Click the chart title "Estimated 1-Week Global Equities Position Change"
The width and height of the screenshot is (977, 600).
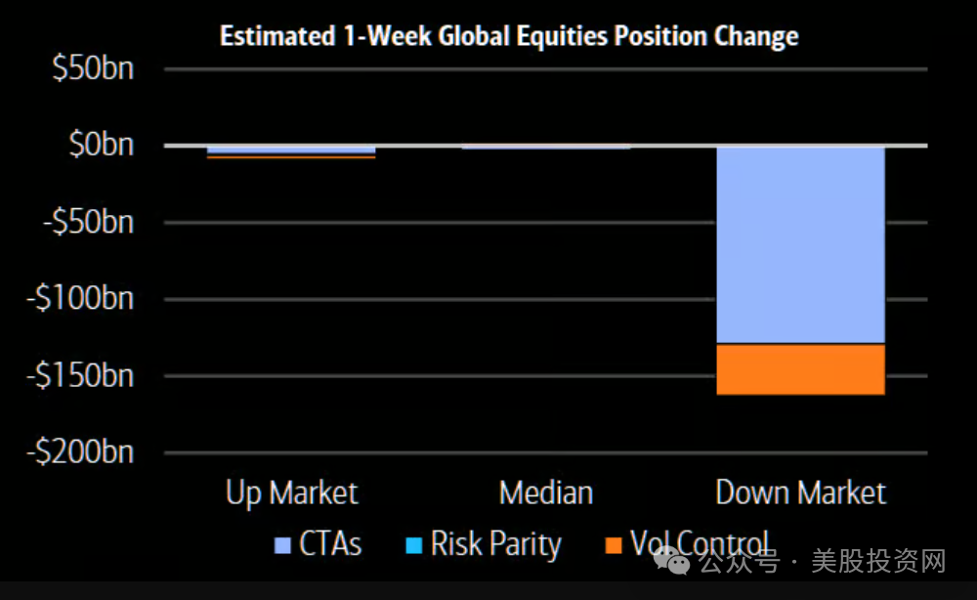509,35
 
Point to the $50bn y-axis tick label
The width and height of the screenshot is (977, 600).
93,67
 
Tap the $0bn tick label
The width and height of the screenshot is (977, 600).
101,144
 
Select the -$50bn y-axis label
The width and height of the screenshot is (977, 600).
89,222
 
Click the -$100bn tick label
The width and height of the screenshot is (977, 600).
80,298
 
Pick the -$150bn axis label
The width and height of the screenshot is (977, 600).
80,375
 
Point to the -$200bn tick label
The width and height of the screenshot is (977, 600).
80,451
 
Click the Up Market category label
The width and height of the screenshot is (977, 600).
291,493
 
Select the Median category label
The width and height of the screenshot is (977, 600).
546,493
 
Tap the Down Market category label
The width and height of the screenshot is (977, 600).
801,493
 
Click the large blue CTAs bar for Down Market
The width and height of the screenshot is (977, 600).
801,245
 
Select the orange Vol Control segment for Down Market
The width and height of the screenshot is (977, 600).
801,369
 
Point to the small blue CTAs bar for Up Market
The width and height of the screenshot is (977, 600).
291,150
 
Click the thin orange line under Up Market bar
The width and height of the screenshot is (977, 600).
291,157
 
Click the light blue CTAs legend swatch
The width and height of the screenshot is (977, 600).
283,546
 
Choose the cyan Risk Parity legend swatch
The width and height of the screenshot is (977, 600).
413,546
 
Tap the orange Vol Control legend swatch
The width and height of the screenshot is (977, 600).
614,546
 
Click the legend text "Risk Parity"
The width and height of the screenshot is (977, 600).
496,544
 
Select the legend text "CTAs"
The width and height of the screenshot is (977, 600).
330,544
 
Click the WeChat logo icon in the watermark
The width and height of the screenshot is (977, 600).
672,561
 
